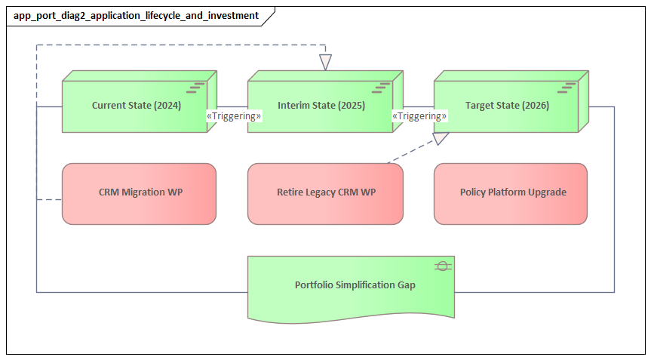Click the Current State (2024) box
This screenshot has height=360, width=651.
(x=136, y=106)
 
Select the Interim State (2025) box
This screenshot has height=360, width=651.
(x=321, y=106)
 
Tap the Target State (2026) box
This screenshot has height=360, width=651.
(x=507, y=106)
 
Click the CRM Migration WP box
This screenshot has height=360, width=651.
(x=139, y=193)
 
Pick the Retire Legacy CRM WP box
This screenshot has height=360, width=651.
(x=325, y=193)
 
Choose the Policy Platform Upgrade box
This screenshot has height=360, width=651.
(x=511, y=193)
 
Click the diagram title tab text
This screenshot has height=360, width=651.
(x=136, y=15)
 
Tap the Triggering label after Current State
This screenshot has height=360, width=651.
(x=234, y=116)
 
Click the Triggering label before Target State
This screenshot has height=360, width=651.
(x=419, y=116)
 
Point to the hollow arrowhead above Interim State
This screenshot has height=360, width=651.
(x=325, y=63)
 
